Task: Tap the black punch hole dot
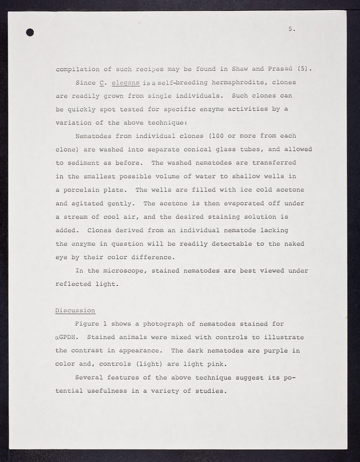click(30, 32)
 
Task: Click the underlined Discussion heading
click(75, 310)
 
